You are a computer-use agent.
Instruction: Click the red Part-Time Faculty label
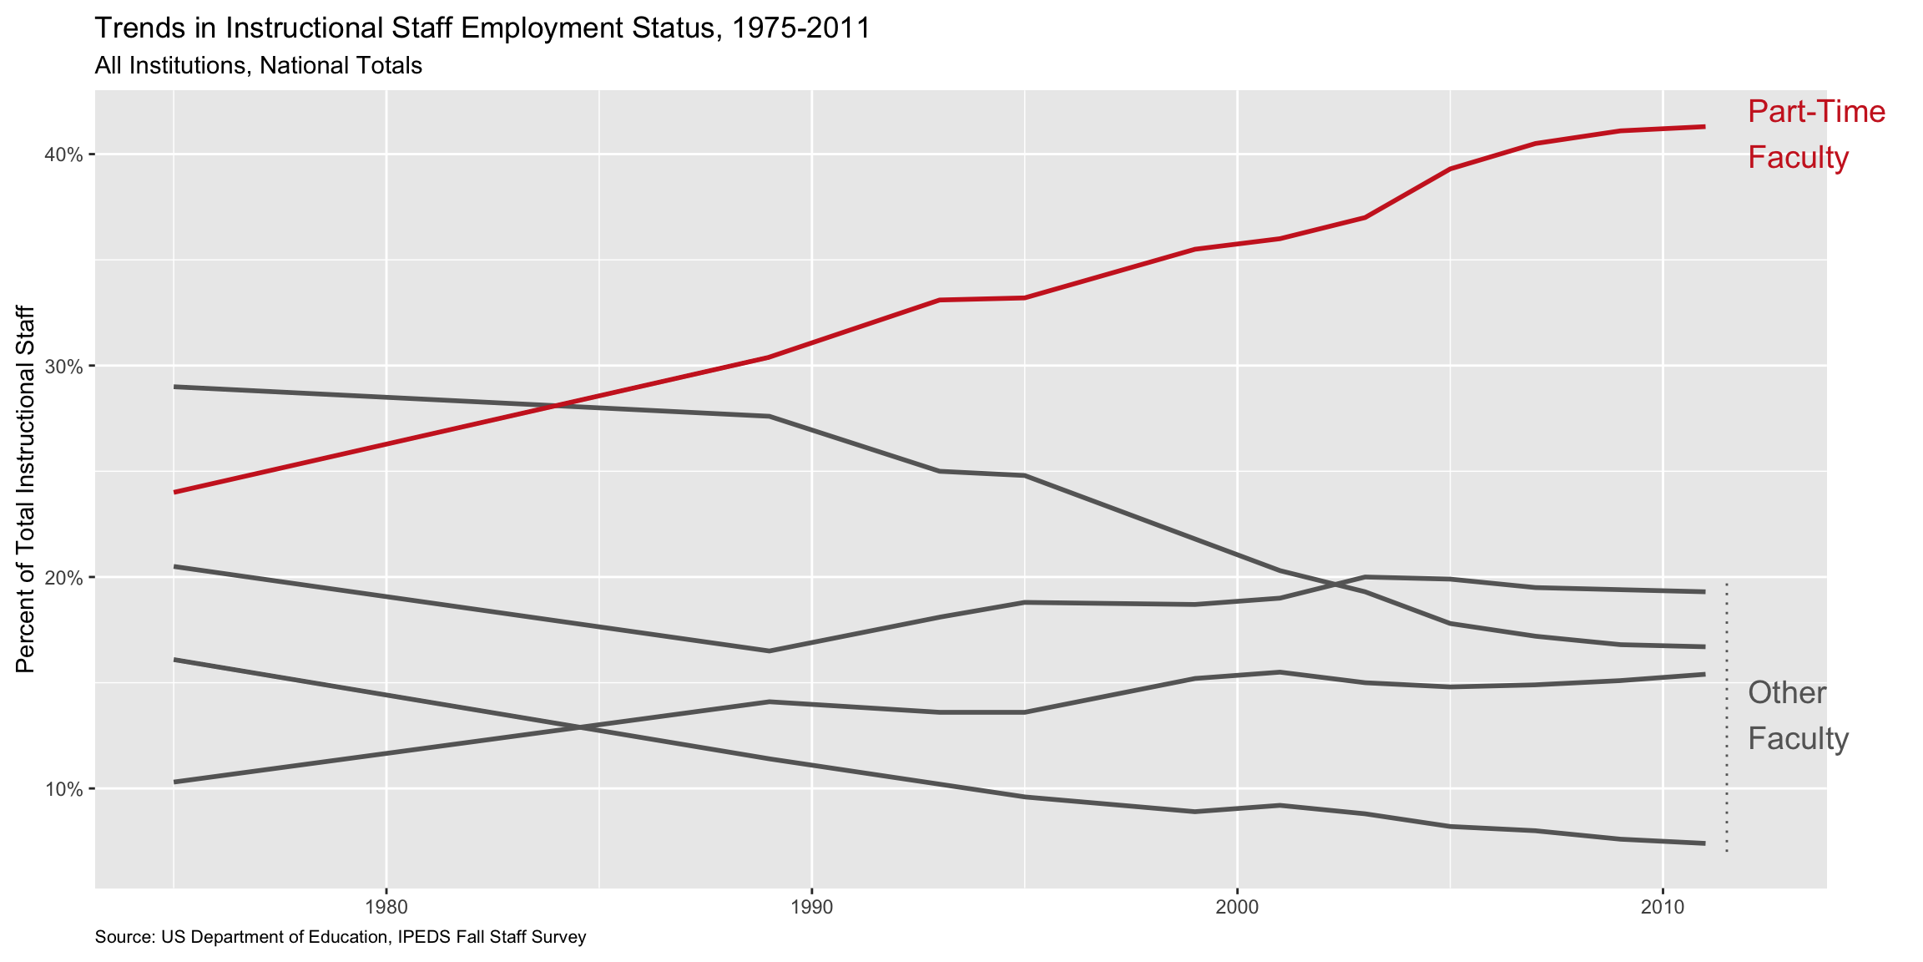coord(1815,134)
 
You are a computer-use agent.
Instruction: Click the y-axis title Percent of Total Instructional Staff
coord(26,489)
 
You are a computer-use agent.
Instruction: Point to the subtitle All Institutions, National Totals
coord(259,66)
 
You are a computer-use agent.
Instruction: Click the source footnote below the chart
coord(341,938)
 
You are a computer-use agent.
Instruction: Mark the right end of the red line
coord(1703,127)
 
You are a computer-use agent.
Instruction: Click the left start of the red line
coord(174,492)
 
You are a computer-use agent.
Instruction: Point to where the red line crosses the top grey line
coord(556,407)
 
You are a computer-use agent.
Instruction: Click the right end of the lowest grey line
coord(1703,843)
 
